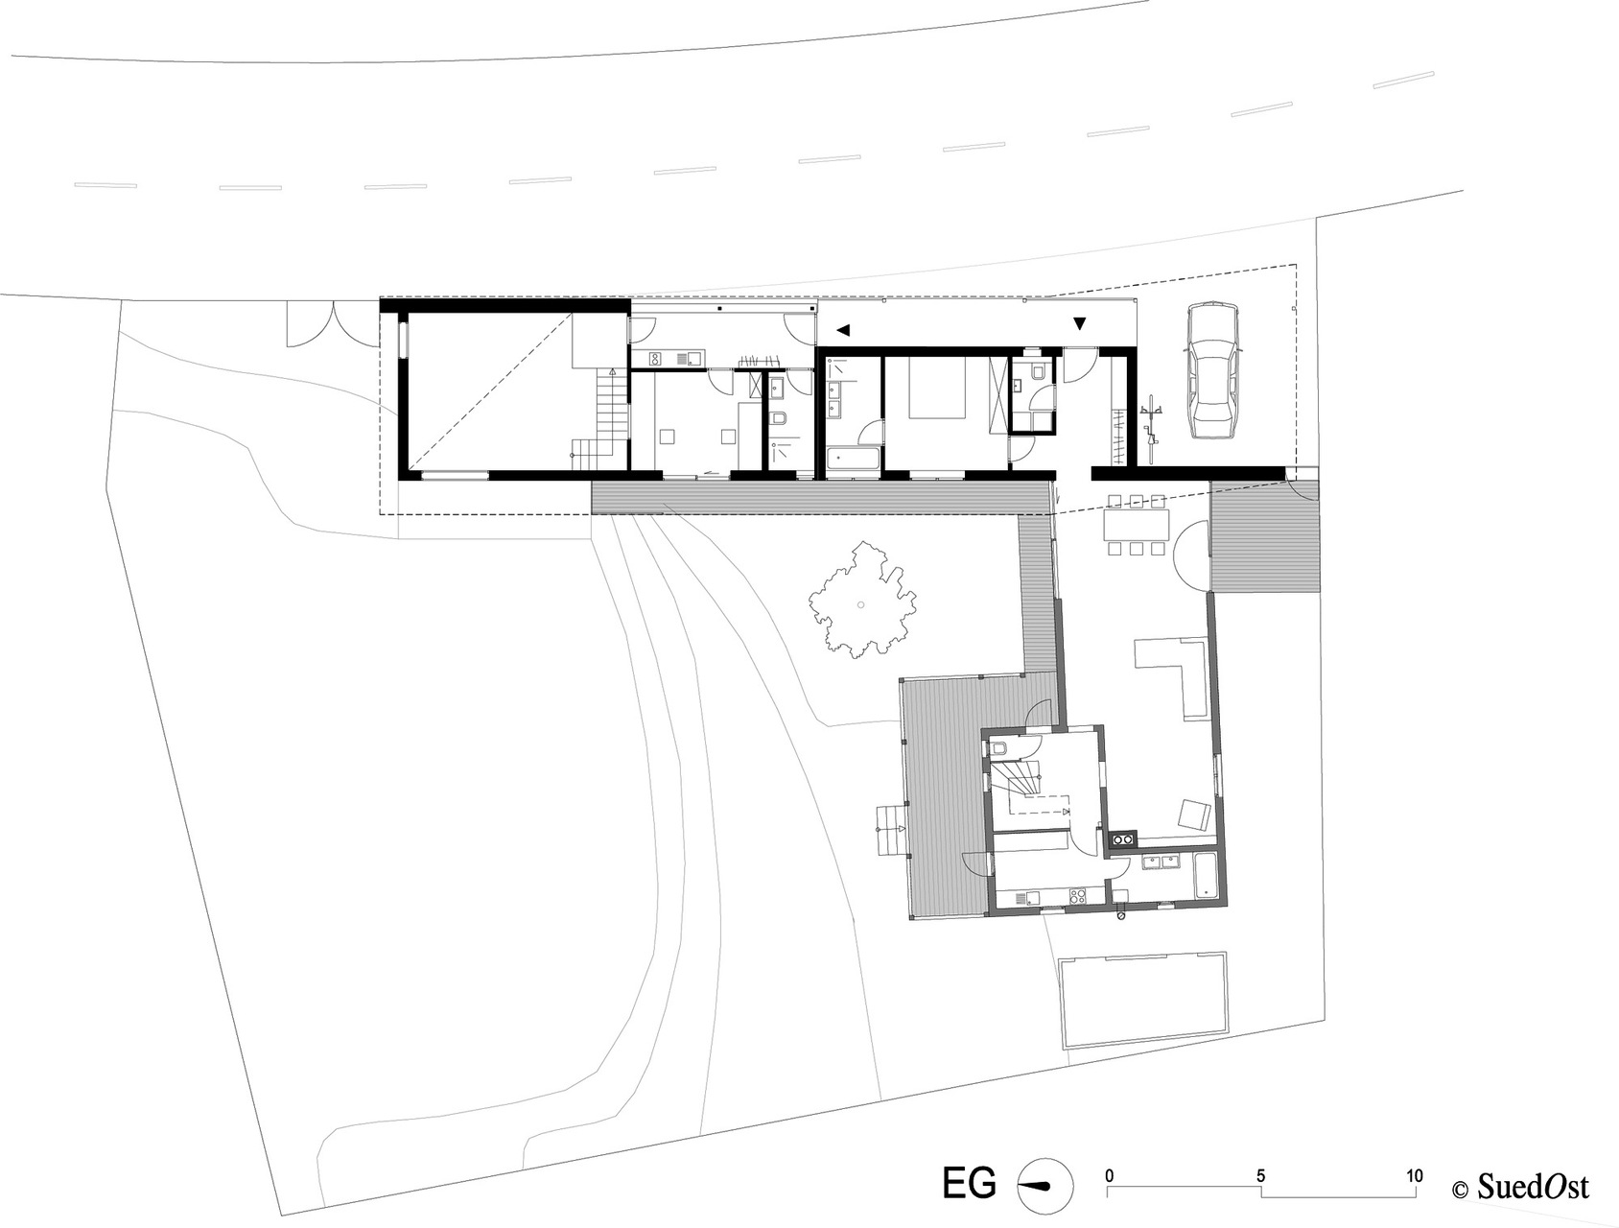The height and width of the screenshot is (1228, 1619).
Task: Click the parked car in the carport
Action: (1211, 370)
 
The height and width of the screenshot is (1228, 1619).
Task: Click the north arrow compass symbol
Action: (1043, 1186)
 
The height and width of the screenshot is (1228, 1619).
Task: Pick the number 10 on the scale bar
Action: (1413, 1175)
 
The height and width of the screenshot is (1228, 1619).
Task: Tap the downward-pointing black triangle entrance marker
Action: (1080, 324)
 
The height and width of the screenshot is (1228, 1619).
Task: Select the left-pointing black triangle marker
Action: (843, 330)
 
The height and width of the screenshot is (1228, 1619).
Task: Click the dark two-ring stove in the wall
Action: (1122, 841)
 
